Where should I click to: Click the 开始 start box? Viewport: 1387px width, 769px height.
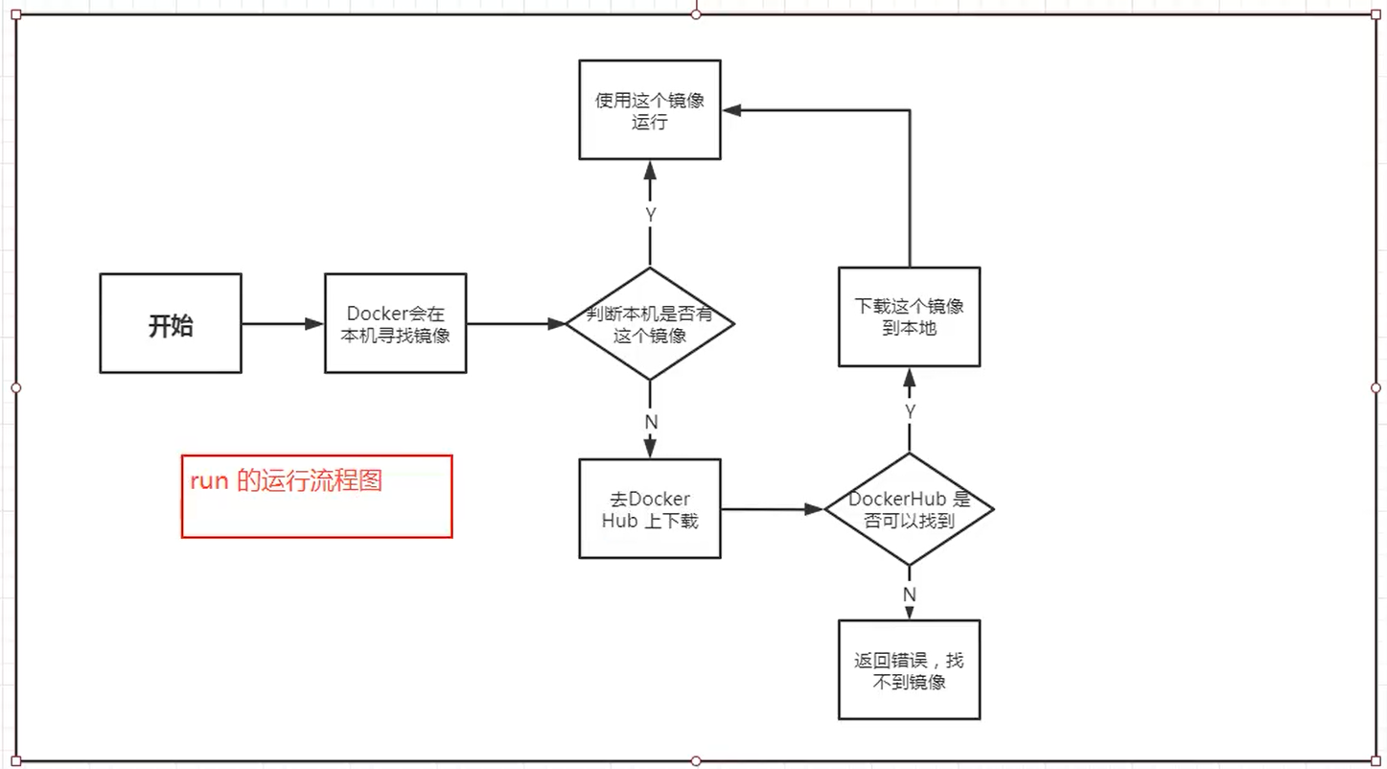[171, 324]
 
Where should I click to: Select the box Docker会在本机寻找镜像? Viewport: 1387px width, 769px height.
[395, 324]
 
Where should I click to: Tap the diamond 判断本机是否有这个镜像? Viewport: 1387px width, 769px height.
[650, 324]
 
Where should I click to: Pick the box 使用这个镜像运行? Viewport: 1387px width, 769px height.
[650, 110]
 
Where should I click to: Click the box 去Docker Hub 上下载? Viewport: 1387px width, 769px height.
[650, 509]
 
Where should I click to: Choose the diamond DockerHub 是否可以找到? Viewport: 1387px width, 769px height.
[909, 509]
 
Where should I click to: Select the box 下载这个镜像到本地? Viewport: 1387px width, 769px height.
[909, 316]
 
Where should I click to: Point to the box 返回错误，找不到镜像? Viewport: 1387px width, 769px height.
[909, 670]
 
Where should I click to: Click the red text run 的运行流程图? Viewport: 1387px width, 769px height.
[286, 481]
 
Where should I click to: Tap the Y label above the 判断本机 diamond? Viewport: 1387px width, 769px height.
[651, 216]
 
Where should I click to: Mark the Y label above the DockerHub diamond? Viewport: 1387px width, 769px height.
[910, 410]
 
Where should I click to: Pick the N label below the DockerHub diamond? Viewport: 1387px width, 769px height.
[910, 594]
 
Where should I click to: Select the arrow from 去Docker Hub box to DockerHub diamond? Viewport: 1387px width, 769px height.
[772, 509]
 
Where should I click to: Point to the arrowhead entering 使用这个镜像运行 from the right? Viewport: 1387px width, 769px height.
[731, 110]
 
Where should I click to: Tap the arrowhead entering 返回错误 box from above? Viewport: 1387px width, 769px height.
[910, 612]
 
